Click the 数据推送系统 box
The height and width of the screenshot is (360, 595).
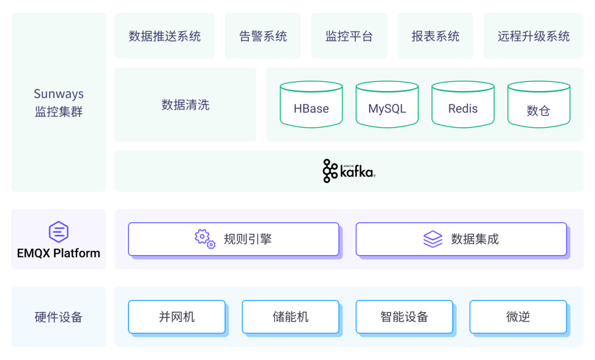(x=165, y=36)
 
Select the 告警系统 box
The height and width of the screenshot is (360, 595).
(x=263, y=36)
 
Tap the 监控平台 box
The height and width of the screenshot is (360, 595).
(x=349, y=36)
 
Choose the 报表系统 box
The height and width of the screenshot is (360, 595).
(x=435, y=36)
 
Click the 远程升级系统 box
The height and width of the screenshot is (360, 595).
(x=533, y=36)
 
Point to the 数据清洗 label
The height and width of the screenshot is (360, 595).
(x=185, y=105)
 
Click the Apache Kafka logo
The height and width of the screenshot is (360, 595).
(x=349, y=171)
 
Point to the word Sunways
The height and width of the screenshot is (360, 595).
(x=58, y=94)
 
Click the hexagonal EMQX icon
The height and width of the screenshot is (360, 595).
(x=58, y=232)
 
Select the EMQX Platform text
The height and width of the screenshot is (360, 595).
(x=58, y=254)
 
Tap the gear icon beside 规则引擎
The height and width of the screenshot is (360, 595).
(x=205, y=239)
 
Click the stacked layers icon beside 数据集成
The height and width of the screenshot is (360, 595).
(x=432, y=239)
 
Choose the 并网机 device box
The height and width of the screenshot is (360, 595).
(x=177, y=317)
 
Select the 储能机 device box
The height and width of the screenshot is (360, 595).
(x=290, y=317)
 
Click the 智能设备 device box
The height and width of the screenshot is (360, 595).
(x=404, y=317)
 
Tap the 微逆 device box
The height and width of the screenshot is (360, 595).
(x=518, y=317)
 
